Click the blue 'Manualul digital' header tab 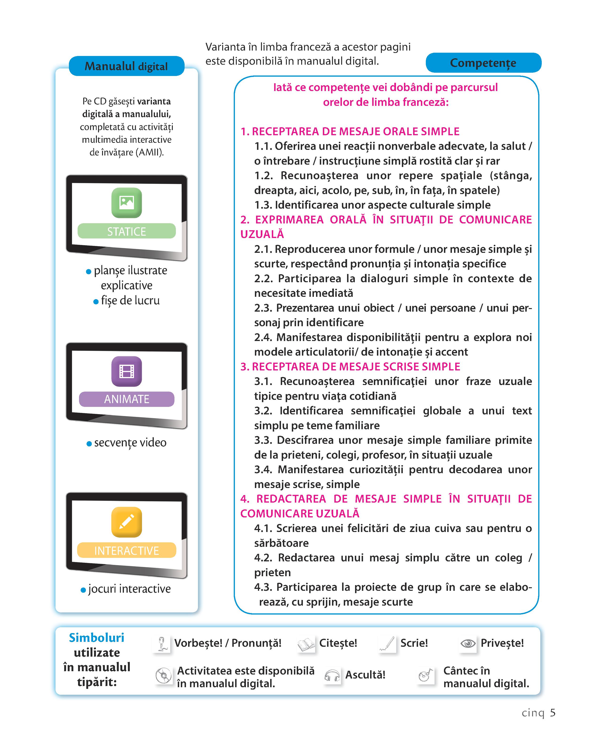[126, 66]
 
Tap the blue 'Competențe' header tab [483, 63]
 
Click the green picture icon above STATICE [127, 202]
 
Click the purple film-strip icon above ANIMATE [127, 371]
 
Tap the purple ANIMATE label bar [127, 399]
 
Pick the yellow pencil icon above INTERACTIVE [127, 522]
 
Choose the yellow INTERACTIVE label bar [127, 550]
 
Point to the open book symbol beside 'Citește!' [306, 645]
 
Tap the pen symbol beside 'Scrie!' [387, 644]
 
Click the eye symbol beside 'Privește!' [468, 644]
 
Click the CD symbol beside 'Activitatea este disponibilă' [163, 675]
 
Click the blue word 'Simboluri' [96, 638]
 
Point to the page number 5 [553, 713]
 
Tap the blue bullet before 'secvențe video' [89, 444]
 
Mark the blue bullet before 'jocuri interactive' [83, 590]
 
